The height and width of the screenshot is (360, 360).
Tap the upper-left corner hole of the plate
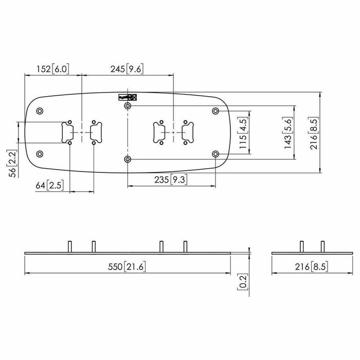coord(40,111)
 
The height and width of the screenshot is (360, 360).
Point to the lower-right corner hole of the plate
coord(215,154)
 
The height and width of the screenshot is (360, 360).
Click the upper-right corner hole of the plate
coord(215,111)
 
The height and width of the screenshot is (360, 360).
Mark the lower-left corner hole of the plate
coord(40,154)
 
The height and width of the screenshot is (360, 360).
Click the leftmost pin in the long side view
coord(68,246)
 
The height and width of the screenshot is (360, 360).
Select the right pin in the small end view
coord(322,246)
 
